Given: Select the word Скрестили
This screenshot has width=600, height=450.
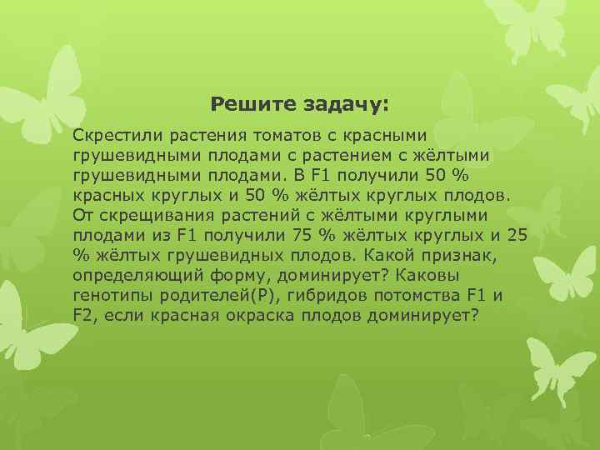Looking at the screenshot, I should click(x=112, y=135).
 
